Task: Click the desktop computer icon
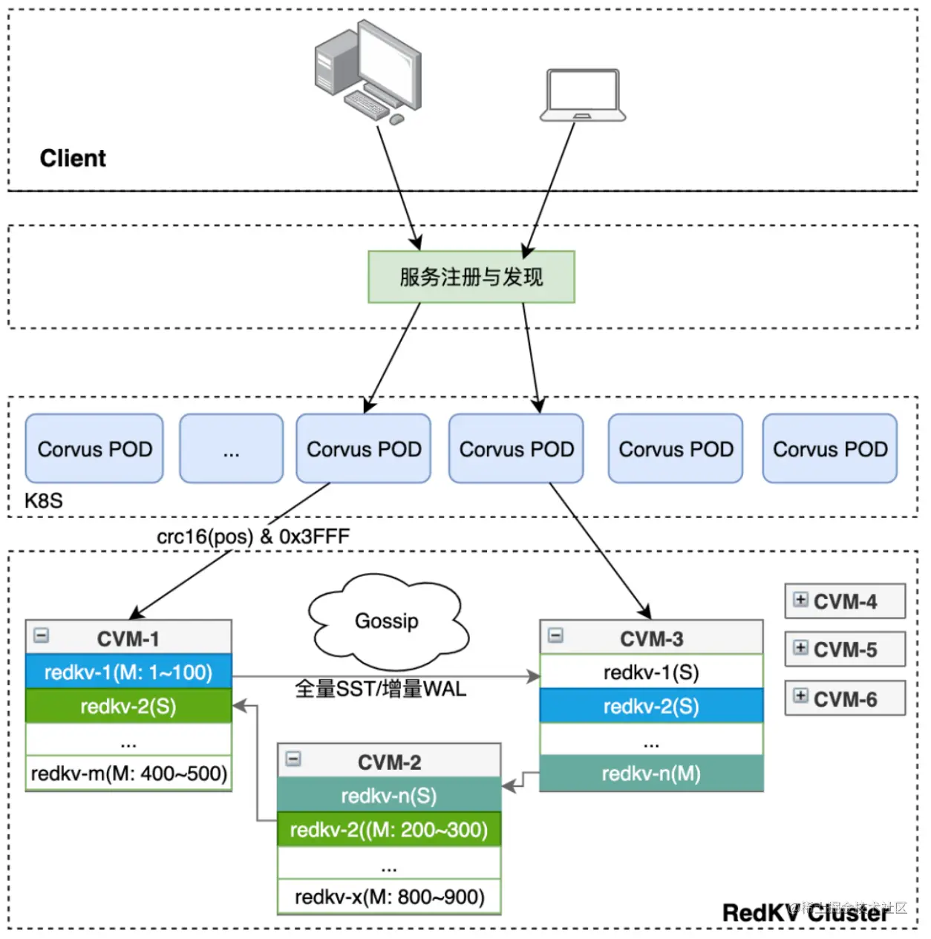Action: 368,71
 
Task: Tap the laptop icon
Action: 583,95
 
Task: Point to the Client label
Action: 73,158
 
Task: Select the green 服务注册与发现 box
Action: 471,277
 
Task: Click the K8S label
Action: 44,501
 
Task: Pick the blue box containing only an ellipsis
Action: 231,449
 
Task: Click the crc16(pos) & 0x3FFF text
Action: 253,537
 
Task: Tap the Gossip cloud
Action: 387,621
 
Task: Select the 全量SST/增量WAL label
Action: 380,689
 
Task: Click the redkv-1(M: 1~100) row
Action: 128,673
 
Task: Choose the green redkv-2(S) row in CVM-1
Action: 128,706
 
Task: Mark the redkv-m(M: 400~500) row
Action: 128,773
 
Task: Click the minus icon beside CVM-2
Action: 294,759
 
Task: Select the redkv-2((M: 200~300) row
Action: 389,830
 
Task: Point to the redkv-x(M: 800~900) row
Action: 389,897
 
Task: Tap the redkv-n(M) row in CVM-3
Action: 651,774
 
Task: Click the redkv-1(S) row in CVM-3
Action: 651,673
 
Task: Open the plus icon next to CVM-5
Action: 800,648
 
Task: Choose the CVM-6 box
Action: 845,698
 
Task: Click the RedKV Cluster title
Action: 805,913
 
